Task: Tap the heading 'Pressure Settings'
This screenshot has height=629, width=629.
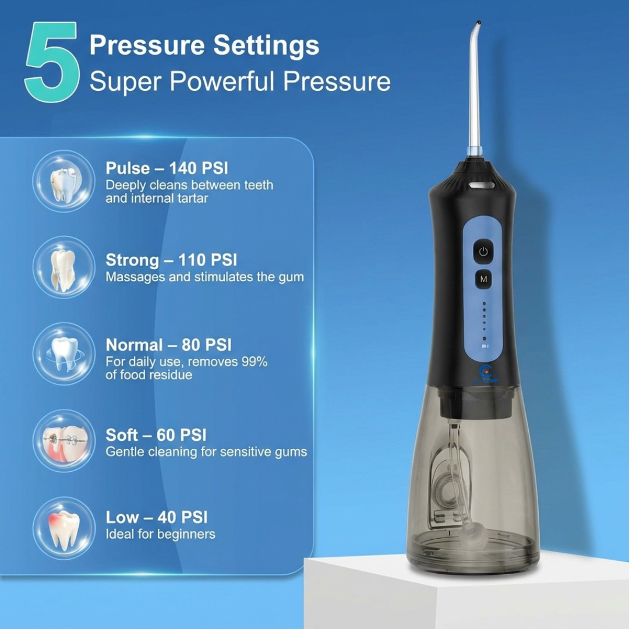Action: [x=204, y=45]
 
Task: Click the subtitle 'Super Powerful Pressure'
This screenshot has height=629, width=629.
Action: [x=240, y=82]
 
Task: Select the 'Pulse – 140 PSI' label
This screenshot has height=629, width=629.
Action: [x=167, y=168]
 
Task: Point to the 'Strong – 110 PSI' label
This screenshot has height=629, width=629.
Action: [x=171, y=260]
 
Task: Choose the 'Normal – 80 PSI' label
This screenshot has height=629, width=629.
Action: [x=168, y=345]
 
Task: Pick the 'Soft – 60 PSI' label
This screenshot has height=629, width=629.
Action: [x=156, y=435]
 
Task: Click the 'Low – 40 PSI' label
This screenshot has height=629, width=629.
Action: [x=157, y=518]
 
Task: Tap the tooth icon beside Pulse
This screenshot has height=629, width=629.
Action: [x=64, y=181]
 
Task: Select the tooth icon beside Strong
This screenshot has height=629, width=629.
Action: [x=64, y=267]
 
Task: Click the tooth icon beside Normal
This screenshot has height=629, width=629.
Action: [x=64, y=354]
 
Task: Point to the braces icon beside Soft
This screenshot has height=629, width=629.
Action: [x=64, y=440]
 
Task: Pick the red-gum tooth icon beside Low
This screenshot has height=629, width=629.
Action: [x=64, y=528]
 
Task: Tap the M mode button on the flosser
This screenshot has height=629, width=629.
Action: [x=484, y=279]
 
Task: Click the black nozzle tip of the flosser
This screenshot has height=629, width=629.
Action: [x=478, y=23]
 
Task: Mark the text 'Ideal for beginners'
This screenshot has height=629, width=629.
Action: [x=161, y=534]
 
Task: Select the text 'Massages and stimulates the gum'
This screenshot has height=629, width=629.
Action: [x=204, y=277]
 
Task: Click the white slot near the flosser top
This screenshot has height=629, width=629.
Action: [x=482, y=185]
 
